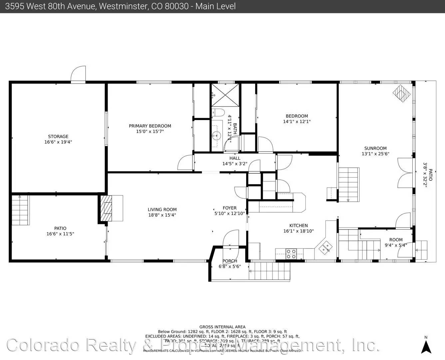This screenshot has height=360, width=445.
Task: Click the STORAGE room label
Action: pyautogui.click(x=58, y=136)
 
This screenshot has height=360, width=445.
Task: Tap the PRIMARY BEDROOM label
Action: pyautogui.click(x=150, y=126)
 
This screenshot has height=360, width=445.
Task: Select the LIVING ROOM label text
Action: pyautogui.click(x=162, y=210)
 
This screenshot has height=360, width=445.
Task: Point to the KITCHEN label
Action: pyautogui.click(x=298, y=226)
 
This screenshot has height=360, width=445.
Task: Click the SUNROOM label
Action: pyautogui.click(x=375, y=148)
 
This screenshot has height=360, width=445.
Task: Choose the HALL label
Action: pyautogui.click(x=235, y=158)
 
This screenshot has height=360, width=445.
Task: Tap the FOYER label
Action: pyautogui.click(x=229, y=208)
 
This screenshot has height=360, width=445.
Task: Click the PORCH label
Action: pyautogui.click(x=230, y=261)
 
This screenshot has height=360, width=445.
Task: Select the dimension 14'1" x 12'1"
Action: pyautogui.click(x=297, y=122)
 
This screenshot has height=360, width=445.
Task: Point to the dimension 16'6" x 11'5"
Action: pyautogui.click(x=60, y=234)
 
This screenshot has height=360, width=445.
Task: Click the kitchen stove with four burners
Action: pyautogui.click(x=291, y=254)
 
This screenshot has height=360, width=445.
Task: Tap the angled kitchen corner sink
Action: pyautogui.click(x=325, y=247)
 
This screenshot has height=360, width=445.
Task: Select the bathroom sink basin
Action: pyautogui.click(x=217, y=136)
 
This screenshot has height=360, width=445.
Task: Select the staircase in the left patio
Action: pyautogui.click(x=21, y=210)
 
